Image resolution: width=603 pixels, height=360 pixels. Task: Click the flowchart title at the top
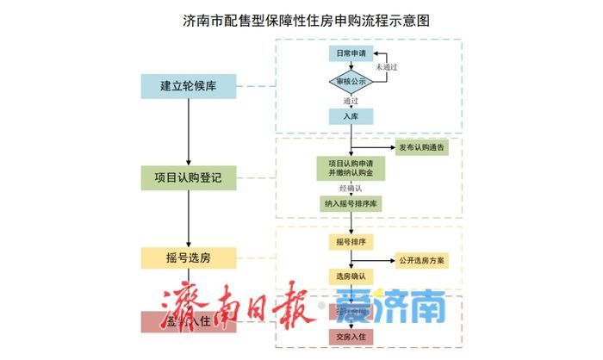click(x=301, y=17)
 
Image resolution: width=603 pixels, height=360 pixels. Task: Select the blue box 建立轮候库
click(x=188, y=87)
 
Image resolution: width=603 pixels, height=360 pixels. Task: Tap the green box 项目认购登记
click(x=188, y=178)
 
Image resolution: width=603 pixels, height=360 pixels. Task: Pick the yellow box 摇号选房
click(x=188, y=258)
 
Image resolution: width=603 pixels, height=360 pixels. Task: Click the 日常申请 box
click(x=351, y=53)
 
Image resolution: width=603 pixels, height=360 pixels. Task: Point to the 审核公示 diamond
click(x=351, y=82)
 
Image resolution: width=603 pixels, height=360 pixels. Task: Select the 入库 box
click(x=351, y=116)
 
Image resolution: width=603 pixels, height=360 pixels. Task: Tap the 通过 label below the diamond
click(x=351, y=100)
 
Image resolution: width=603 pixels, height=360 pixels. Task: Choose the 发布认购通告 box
click(x=422, y=148)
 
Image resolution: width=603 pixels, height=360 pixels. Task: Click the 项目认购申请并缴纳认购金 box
click(x=351, y=168)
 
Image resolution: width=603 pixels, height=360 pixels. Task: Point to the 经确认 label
click(x=351, y=188)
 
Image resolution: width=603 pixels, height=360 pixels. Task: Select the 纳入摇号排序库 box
click(x=351, y=204)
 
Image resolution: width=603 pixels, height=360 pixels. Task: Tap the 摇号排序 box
click(x=351, y=242)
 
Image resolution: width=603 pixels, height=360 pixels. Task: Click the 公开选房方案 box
click(x=422, y=259)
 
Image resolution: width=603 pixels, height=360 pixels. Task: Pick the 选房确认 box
click(x=351, y=276)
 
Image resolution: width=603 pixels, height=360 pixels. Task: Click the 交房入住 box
click(x=351, y=334)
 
